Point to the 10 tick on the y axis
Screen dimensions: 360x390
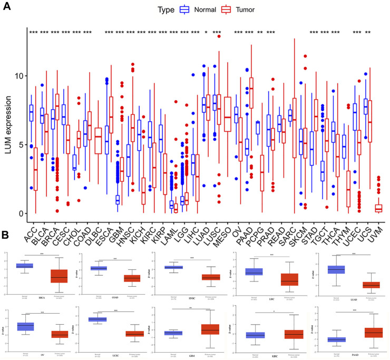[16, 76]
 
